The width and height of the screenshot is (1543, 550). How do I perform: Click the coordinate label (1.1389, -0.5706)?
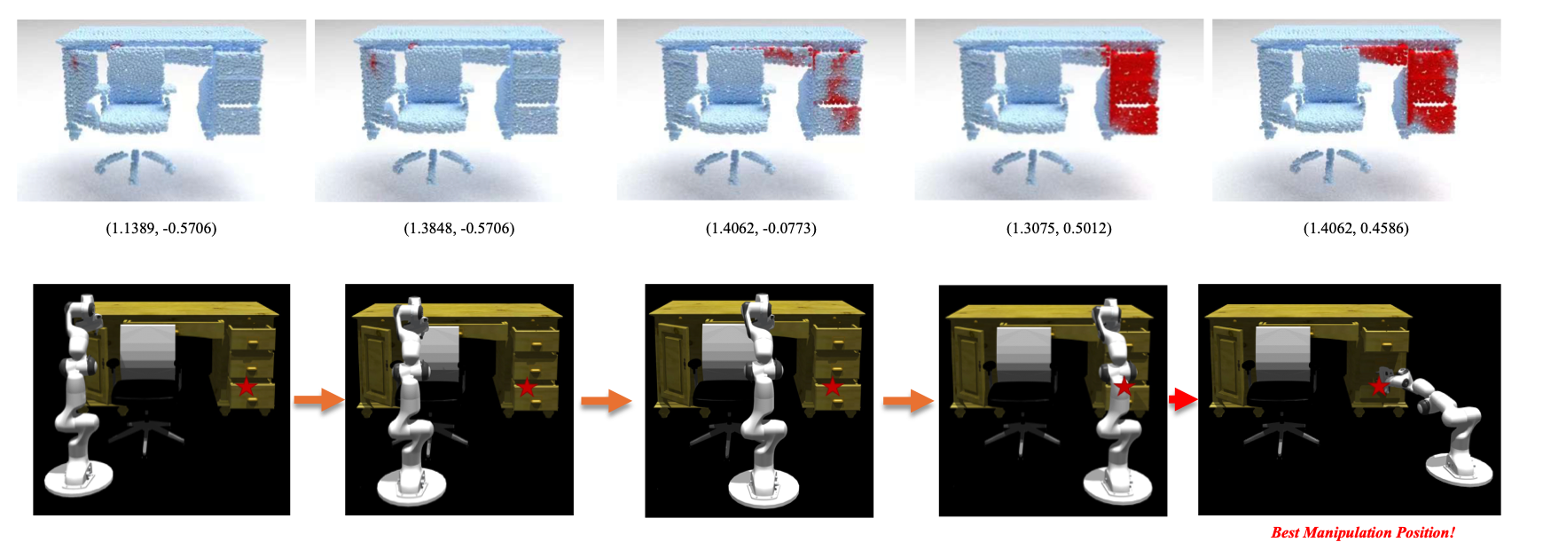pyautogui.click(x=161, y=228)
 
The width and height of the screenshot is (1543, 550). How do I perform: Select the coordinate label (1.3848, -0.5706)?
pyautogui.click(x=458, y=228)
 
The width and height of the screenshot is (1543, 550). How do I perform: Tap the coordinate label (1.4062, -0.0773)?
pyautogui.click(x=761, y=228)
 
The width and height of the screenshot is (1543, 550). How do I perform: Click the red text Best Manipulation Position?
pyautogui.click(x=1363, y=532)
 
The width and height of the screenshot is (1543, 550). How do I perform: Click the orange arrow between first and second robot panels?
pyautogui.click(x=318, y=400)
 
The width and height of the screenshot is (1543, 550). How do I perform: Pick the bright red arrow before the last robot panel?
pyautogui.click(x=1183, y=400)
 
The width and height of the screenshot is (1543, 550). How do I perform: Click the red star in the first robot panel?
pyautogui.click(x=246, y=386)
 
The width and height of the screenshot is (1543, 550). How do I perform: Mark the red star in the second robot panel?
pyautogui.click(x=527, y=387)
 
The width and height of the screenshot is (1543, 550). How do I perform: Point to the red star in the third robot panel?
pyautogui.click(x=832, y=387)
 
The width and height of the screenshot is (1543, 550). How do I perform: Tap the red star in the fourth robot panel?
pyautogui.click(x=1124, y=386)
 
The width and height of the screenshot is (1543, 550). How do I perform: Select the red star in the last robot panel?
pyautogui.click(x=1378, y=386)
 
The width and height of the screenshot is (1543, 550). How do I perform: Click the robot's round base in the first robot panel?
pyautogui.click(x=79, y=483)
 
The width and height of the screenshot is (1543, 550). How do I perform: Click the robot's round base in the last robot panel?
pyautogui.click(x=1460, y=470)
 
